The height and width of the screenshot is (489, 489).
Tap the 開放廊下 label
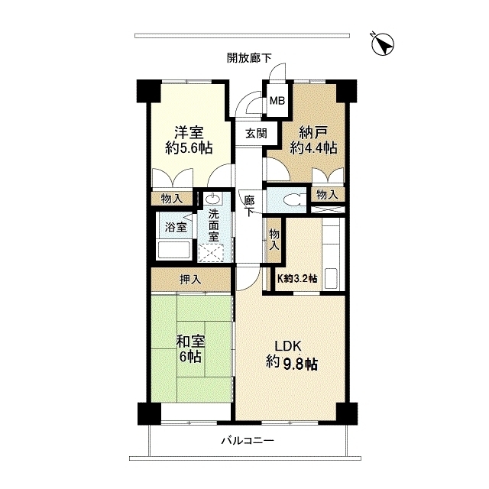249,57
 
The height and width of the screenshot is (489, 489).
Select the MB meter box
276,99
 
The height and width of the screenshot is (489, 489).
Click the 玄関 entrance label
256,132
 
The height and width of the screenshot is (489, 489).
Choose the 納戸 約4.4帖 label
313,139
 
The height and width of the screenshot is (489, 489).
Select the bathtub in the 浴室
173,250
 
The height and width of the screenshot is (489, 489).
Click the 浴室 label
172,226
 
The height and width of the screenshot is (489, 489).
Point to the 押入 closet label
189,279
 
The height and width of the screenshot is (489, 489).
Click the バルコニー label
247,441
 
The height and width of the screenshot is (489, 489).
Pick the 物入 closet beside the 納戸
327,195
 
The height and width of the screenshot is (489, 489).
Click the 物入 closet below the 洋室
172,199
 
